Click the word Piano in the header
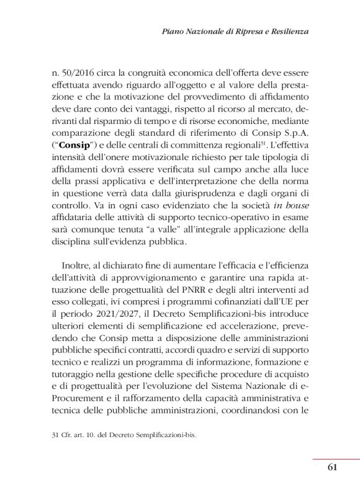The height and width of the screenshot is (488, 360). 173,30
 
